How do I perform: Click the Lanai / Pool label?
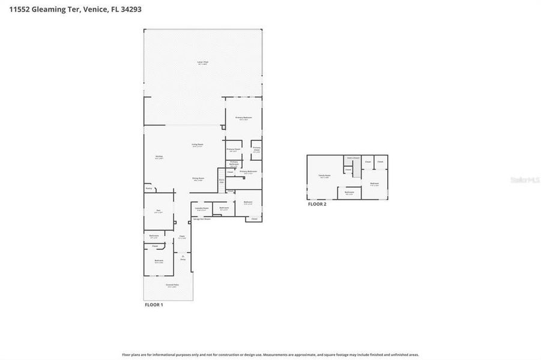tap(203, 62)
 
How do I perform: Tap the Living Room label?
tap(197, 145)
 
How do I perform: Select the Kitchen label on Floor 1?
tap(159, 157)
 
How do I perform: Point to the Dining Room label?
tap(198, 178)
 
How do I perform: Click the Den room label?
tap(159, 210)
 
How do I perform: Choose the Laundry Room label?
tap(201, 208)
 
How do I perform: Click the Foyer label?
tap(182, 236)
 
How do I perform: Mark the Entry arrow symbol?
tap(183, 256)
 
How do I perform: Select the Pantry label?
tap(149, 188)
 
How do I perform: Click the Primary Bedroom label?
tap(243, 117)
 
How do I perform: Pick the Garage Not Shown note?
tap(202, 219)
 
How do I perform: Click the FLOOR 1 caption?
tap(154, 305)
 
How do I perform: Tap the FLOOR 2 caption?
tap(317, 204)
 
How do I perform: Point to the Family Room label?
tap(324, 176)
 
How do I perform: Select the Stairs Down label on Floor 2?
tap(353, 158)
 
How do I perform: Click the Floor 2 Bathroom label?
tap(349, 192)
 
